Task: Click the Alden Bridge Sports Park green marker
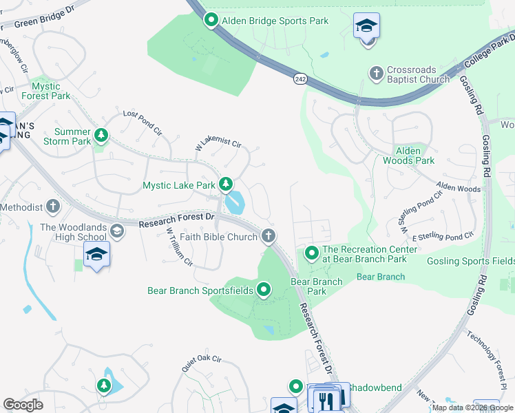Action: (211, 21)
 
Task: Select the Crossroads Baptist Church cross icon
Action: (376, 72)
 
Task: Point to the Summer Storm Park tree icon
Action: (102, 134)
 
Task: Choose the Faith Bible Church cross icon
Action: (269, 237)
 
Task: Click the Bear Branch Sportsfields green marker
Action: (263, 290)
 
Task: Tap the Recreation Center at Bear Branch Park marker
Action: (312, 254)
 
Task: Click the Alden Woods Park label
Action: (414, 156)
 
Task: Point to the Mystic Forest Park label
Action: (51, 91)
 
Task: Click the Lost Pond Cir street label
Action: (142, 123)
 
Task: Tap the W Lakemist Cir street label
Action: (219, 145)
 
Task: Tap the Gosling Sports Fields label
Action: (471, 261)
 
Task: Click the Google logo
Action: (23, 404)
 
